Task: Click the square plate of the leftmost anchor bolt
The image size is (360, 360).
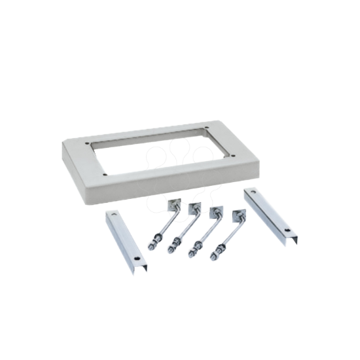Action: pyautogui.click(x=171, y=205)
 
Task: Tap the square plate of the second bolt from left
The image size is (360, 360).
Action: pyautogui.click(x=194, y=209)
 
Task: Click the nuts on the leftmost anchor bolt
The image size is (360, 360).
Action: pyautogui.click(x=153, y=243)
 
